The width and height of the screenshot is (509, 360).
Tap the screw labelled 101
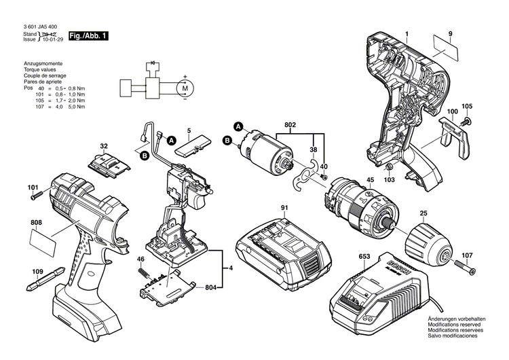pyautogui.click(x=38, y=197)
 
